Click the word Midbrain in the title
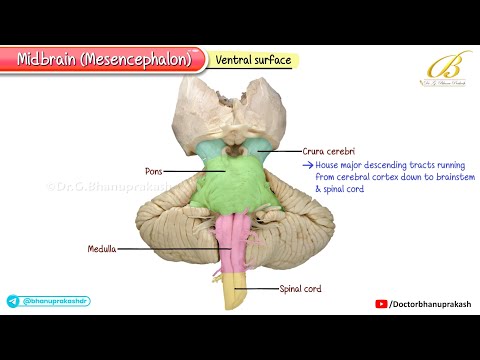[50, 59]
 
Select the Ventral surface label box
[253, 61]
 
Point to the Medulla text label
[101, 248]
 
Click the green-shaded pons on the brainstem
[232, 184]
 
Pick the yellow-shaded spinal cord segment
[239, 293]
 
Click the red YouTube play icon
[381, 303]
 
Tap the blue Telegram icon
[12, 300]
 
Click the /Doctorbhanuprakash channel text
[429, 303]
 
